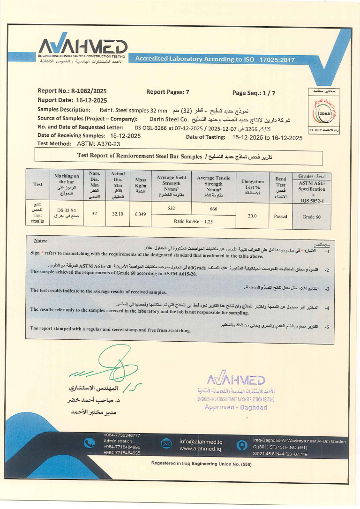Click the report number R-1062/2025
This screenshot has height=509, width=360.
coord(89,91)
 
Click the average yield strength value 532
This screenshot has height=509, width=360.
coord(172,208)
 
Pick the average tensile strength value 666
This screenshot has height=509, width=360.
coord(213,208)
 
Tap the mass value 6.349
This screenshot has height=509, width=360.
coord(141,214)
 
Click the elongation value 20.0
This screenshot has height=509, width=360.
coord(253,217)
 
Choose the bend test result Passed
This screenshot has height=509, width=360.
coord(281,217)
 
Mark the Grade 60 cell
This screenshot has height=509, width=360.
coord(311,217)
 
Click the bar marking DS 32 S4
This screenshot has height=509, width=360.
coord(66,210)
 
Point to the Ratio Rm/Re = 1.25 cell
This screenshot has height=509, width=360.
coord(193,221)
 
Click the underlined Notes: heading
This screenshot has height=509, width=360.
coord(40,241)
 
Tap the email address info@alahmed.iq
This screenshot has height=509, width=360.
coord(201,442)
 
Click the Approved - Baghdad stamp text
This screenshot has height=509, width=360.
coord(236,407)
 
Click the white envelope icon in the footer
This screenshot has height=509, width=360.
coord(166,443)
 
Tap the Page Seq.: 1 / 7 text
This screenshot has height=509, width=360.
coord(254,93)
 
